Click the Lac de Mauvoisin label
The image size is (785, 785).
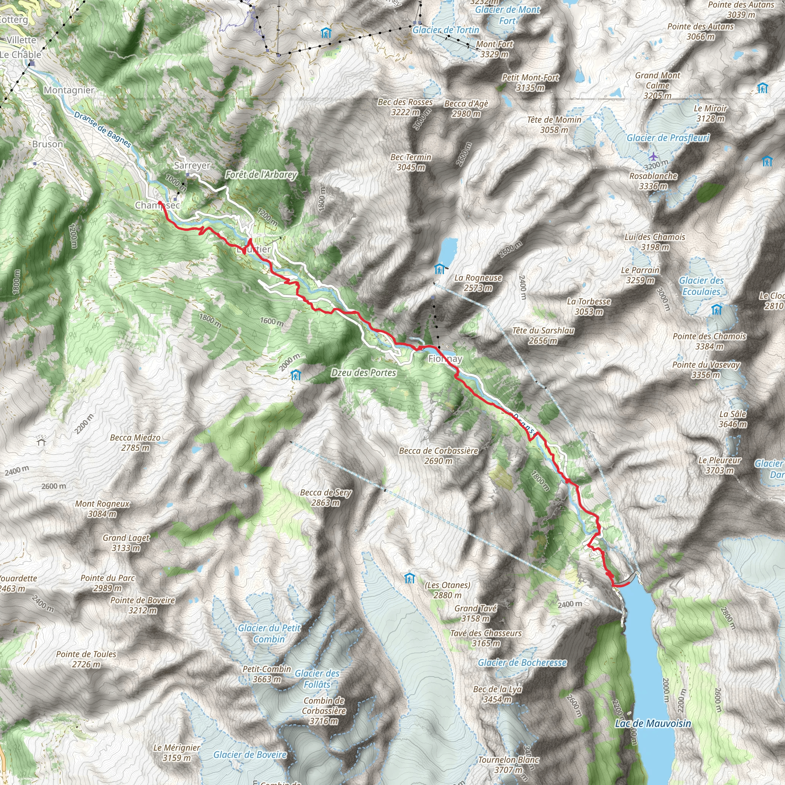(652, 724)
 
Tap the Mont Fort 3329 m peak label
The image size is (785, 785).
(494, 49)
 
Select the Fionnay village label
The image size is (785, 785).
(445, 359)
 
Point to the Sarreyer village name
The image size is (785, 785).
(192, 165)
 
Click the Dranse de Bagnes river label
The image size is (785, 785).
(103, 130)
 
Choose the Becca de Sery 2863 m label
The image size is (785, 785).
(326, 497)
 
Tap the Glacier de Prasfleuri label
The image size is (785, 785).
(668, 138)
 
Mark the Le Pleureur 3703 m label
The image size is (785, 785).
(719, 465)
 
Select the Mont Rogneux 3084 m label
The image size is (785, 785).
(102, 509)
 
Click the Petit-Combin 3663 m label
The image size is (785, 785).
(267, 674)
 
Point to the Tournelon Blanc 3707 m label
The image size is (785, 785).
(509, 764)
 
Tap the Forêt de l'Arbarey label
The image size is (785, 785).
(261, 175)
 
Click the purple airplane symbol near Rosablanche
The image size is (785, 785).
(653, 156)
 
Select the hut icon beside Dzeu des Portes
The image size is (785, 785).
(296, 375)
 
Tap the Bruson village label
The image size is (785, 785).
(48, 144)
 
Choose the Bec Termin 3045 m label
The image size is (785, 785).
(411, 162)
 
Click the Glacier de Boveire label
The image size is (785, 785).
(250, 754)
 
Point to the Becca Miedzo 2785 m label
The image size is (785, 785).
(135, 442)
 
